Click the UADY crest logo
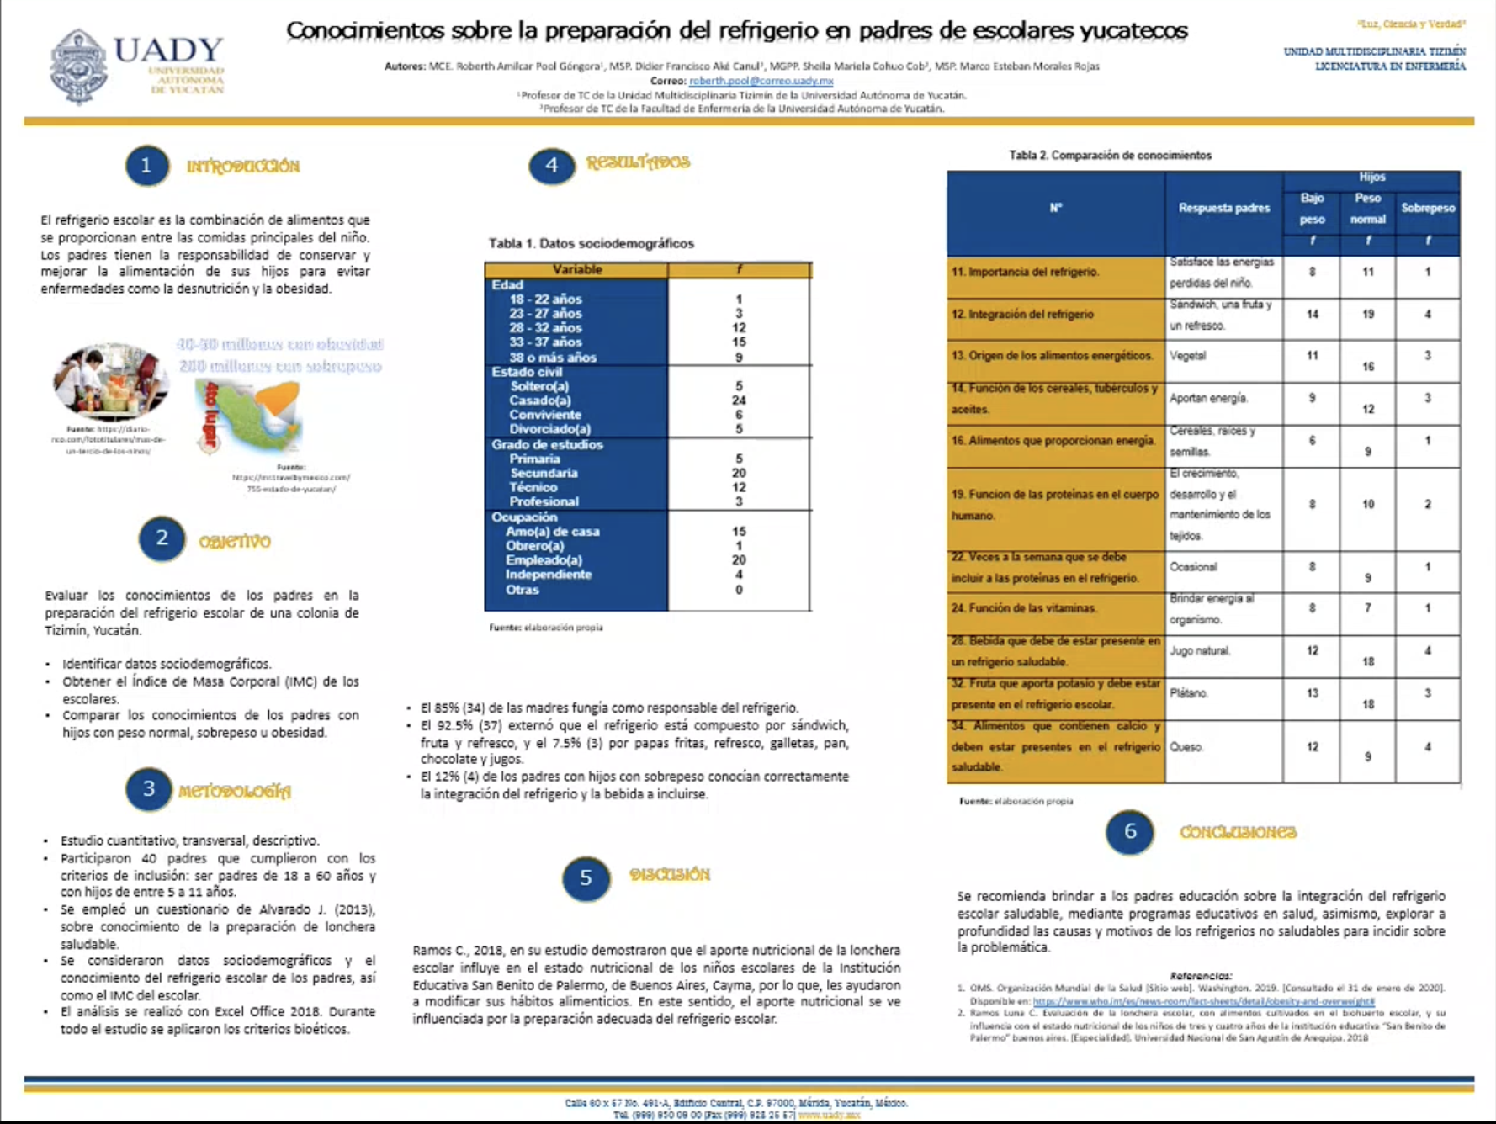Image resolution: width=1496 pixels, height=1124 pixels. [78, 66]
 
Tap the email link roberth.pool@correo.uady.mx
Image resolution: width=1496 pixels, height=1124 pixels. [761, 81]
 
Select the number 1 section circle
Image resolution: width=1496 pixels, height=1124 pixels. [147, 166]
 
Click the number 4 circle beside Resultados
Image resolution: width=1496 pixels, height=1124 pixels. [551, 165]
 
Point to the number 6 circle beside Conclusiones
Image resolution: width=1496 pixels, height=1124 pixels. [1129, 832]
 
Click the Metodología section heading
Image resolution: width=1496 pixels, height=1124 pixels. [235, 791]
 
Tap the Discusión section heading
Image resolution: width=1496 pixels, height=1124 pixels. [670, 875]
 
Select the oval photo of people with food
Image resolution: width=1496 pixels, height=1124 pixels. [110, 381]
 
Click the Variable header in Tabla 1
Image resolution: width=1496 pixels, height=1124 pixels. [576, 269]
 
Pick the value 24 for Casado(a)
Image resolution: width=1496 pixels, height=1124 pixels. [739, 400]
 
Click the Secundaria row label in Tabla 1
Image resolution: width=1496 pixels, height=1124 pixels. [544, 473]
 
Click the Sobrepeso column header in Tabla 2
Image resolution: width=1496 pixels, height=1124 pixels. [1427, 208]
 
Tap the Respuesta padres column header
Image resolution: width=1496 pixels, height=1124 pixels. [1223, 208]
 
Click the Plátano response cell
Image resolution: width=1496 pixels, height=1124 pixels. [1189, 693]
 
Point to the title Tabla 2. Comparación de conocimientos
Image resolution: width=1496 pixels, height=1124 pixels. [1110, 155]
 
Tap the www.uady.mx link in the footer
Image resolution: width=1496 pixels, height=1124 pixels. [829, 1115]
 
